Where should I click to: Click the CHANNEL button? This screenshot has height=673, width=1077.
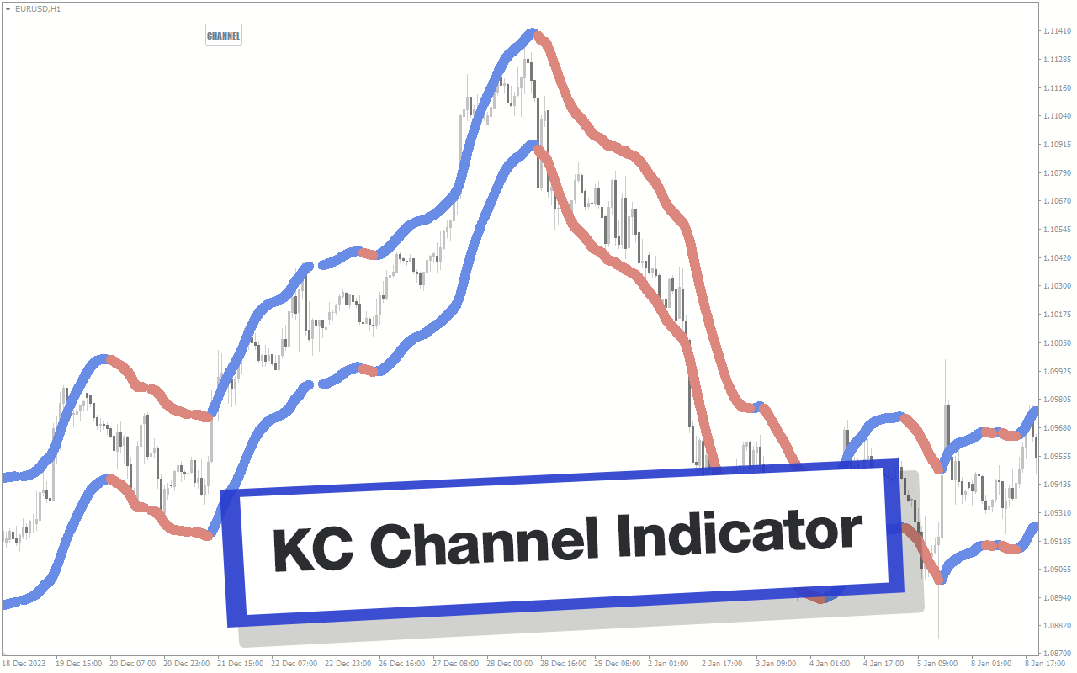[x=224, y=35]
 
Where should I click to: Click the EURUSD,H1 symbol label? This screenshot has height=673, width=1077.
[x=38, y=8]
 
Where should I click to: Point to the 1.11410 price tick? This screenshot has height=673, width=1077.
[x=1057, y=31]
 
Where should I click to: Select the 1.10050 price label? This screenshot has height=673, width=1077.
[x=1057, y=342]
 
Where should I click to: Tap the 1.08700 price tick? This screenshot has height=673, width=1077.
[x=1057, y=654]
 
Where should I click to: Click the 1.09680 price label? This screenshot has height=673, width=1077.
[x=1057, y=427]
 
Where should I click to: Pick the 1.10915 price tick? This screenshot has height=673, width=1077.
[x=1057, y=144]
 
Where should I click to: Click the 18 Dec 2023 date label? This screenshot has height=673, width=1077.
[x=24, y=664]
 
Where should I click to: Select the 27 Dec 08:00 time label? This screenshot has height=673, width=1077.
[x=455, y=664]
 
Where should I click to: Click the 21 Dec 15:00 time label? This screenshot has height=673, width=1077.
[x=240, y=664]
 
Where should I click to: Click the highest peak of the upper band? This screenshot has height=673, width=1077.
[x=532, y=32]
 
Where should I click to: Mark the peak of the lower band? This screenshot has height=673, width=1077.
[x=533, y=145]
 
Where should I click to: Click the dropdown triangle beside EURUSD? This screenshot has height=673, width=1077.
[x=8, y=9]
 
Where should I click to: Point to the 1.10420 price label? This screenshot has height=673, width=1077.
[x=1057, y=257]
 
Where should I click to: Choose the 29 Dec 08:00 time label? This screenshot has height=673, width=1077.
[x=617, y=664]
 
